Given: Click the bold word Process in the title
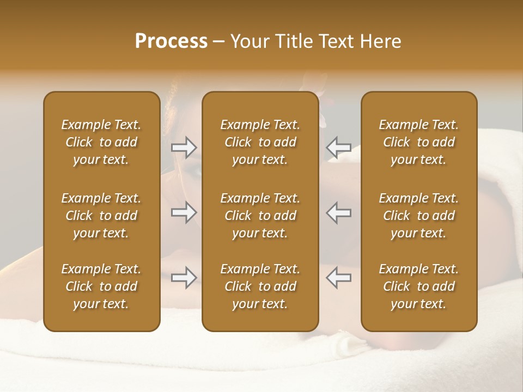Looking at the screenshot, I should click(x=171, y=41).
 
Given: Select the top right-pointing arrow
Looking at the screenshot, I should click(x=184, y=148).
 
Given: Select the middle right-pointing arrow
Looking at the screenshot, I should click(x=184, y=212).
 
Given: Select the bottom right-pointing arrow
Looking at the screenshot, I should click(x=184, y=278).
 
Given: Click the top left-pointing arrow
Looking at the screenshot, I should click(x=338, y=148).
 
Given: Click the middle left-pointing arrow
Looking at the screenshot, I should click(x=338, y=212).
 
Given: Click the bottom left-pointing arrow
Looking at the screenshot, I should click(x=338, y=277).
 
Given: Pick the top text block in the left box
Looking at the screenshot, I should click(x=101, y=142).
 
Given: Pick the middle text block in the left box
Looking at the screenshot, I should click(x=101, y=216).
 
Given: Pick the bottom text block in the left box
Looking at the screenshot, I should click(x=101, y=286).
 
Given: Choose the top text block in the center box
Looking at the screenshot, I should click(x=260, y=142).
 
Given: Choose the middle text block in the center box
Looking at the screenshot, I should click(x=260, y=216).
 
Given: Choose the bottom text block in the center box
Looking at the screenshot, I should click(x=260, y=286).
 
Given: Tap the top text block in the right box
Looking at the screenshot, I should click(x=418, y=142).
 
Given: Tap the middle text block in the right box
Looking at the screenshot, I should click(x=418, y=216).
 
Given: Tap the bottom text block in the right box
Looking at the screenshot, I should click(x=418, y=286).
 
